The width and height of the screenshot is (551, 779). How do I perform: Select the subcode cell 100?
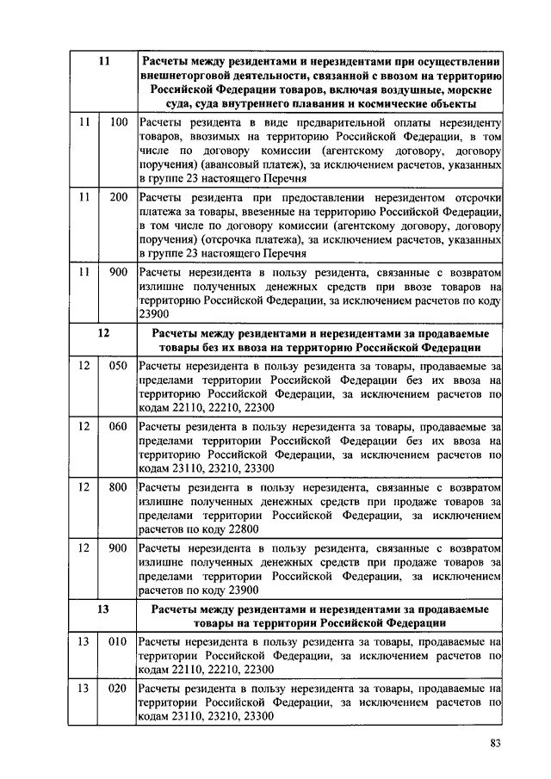click(119, 123)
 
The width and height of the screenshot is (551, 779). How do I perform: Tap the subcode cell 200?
click(119, 197)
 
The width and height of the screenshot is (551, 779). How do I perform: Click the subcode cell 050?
click(119, 366)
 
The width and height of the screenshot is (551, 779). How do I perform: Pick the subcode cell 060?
click(119, 426)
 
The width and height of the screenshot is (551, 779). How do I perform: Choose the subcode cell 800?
click(119, 486)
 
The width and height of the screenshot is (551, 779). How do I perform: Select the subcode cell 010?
click(119, 641)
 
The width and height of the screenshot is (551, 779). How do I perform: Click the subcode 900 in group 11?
click(119, 271)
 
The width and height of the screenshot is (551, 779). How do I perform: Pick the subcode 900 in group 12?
click(119, 547)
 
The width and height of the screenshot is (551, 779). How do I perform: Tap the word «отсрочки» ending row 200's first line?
click(471, 197)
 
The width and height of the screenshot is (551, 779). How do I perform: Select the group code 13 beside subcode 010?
click(84, 641)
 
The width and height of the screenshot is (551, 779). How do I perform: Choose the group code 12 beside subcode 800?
click(84, 486)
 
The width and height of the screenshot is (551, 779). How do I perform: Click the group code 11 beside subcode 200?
click(84, 197)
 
